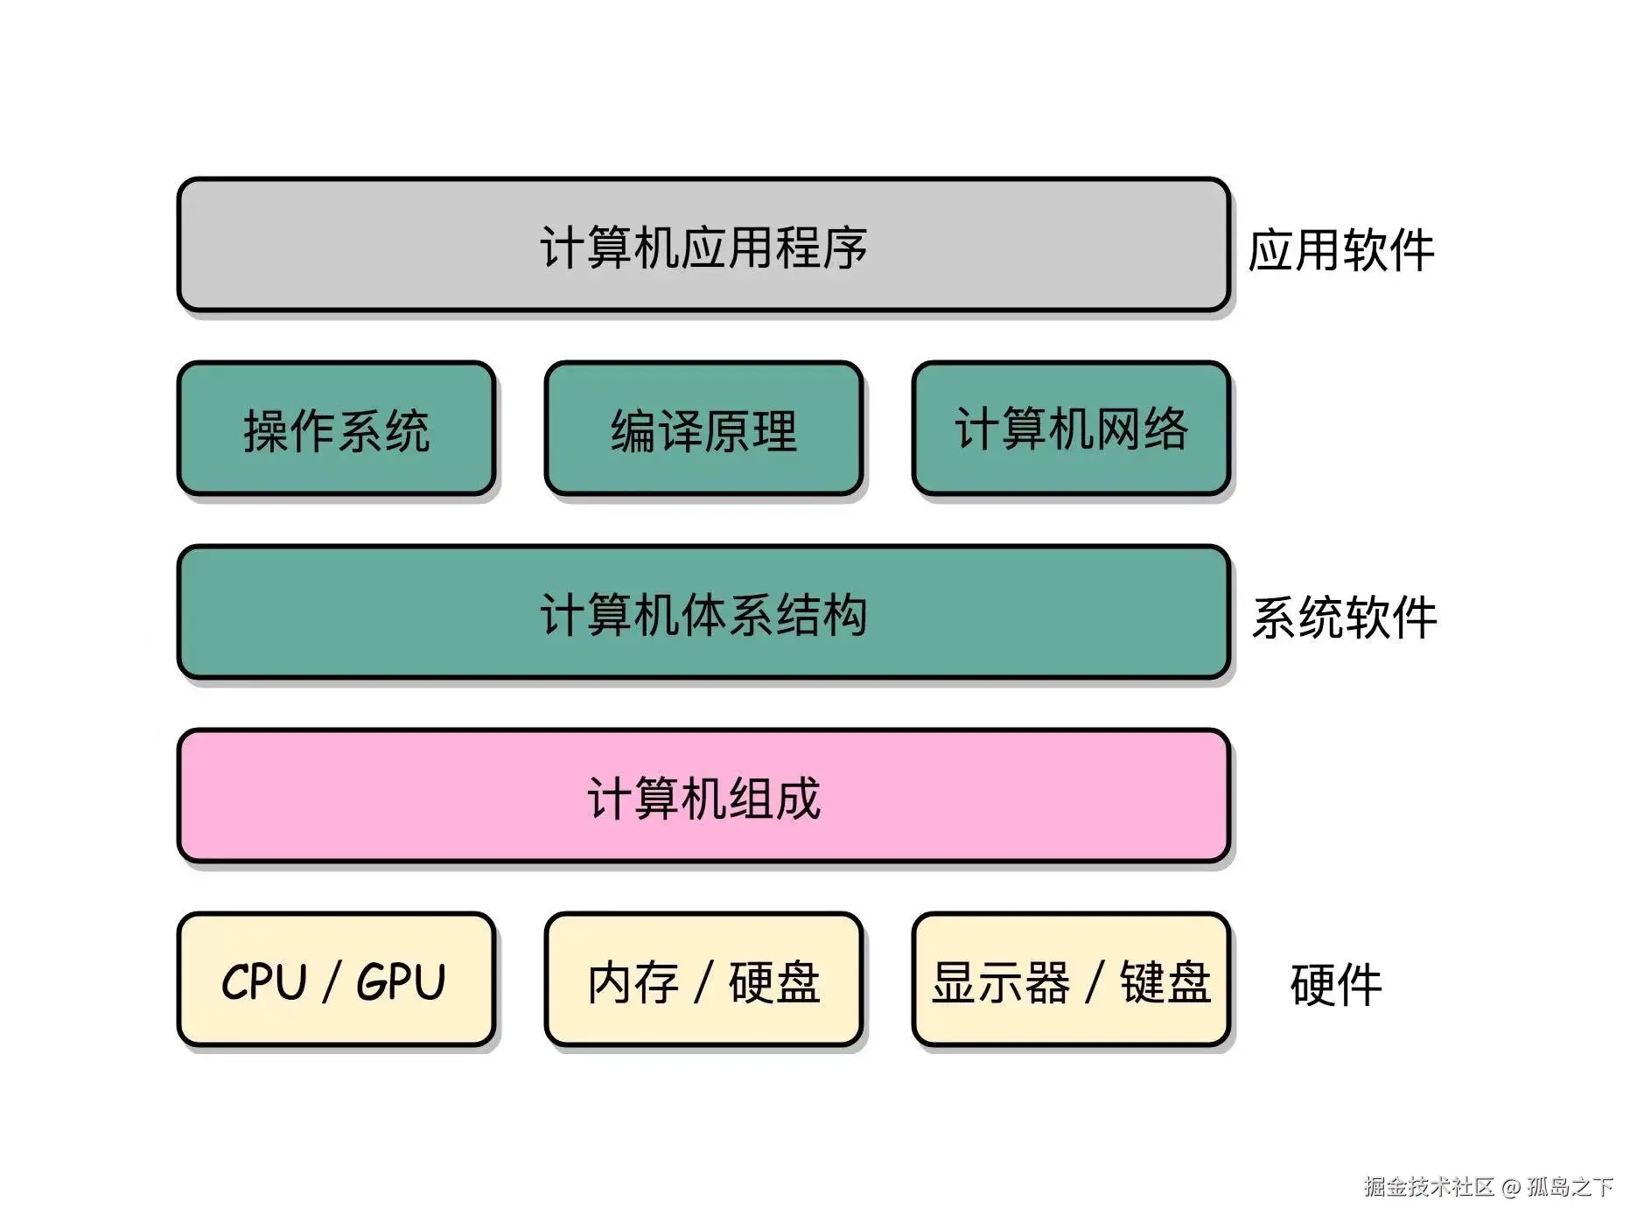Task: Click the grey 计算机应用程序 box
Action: tap(703, 245)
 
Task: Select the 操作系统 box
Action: tap(336, 429)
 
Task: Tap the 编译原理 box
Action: tap(703, 429)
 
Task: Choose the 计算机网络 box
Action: tap(1071, 429)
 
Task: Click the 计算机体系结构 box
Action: tap(703, 612)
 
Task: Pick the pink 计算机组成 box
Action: tap(703, 796)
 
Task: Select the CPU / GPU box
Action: tap(336, 980)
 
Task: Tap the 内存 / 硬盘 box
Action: tap(703, 980)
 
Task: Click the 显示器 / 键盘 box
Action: tap(1071, 980)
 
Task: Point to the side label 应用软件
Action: tap(1340, 251)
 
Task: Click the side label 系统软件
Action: tap(1344, 618)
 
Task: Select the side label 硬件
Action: tap(1335, 985)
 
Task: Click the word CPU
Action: tap(264, 981)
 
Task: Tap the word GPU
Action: tap(402, 981)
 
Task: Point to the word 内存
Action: tap(633, 982)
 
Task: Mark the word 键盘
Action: tap(1165, 982)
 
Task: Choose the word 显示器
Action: tap(1000, 982)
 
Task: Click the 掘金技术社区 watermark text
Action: tap(1428, 1186)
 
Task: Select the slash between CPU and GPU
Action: tap(332, 982)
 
